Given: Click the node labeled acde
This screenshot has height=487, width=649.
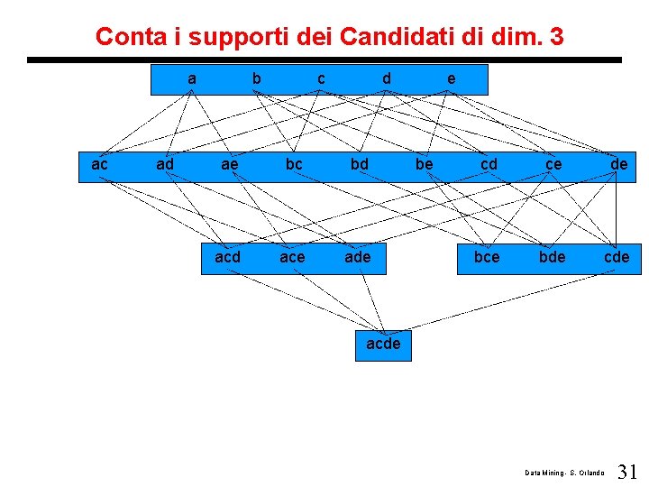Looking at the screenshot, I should [x=383, y=345].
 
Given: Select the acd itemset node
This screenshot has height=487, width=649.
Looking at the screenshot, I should [x=228, y=258].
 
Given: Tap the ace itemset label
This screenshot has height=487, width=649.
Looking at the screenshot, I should [x=292, y=258].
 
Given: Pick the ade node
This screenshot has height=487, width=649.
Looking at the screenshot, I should [x=358, y=258].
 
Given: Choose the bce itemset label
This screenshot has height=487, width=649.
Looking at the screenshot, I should [x=487, y=258].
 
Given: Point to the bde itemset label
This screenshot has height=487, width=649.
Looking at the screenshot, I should [x=552, y=258].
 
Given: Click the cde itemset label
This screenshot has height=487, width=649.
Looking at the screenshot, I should [x=617, y=258].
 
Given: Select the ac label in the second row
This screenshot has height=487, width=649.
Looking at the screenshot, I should [x=100, y=165].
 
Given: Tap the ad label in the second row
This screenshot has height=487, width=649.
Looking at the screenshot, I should [x=165, y=165].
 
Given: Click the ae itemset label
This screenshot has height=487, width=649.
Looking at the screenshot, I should [x=230, y=165].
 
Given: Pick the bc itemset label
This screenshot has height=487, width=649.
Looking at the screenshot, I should [x=294, y=165].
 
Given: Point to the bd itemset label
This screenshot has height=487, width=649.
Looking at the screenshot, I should [x=359, y=165].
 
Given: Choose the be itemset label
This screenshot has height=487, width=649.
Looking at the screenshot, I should [x=424, y=165].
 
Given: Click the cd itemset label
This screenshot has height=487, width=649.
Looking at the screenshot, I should [x=489, y=165].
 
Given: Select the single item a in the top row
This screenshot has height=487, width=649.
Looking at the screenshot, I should [x=192, y=79].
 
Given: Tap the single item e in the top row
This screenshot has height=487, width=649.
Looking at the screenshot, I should [x=451, y=79].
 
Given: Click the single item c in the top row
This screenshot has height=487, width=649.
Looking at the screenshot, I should [x=321, y=79].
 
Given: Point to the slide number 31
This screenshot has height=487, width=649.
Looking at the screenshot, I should [x=628, y=471].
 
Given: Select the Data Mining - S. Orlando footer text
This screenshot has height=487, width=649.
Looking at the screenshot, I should [x=565, y=473].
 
